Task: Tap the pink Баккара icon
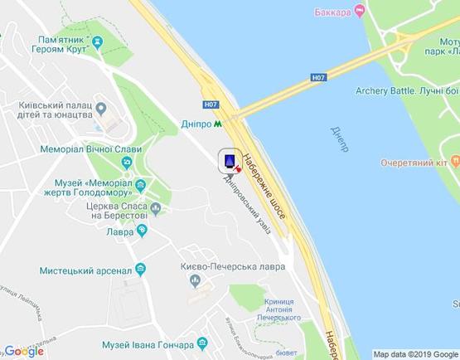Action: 359,11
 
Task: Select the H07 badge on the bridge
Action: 318,77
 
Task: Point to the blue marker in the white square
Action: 229,159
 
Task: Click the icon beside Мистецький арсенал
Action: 140,269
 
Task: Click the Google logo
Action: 24,351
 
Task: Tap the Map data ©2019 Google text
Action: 414,354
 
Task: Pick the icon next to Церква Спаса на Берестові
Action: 156,208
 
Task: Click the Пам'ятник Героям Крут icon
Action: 98,41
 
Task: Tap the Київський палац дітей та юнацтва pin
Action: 101,108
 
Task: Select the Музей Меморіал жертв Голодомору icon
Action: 141,184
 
